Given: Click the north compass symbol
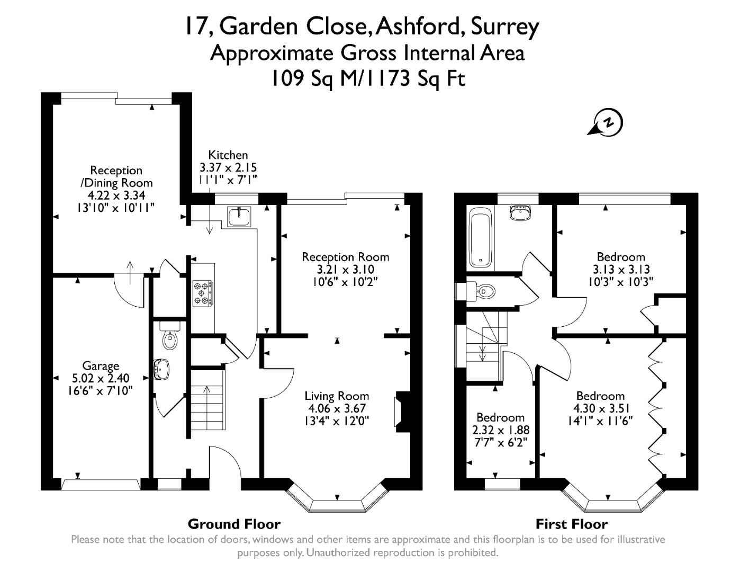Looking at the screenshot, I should tap(607, 123).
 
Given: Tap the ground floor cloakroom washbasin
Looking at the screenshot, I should tap(161, 370).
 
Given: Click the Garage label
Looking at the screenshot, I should tap(101, 365).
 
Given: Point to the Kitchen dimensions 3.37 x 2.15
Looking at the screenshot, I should tap(228, 167).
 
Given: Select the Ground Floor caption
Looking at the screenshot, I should tap(234, 524).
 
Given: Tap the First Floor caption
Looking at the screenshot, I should tap(571, 524).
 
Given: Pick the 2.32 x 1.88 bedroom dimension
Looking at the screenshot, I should tap(500, 430).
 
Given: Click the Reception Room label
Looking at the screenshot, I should tap(345, 257).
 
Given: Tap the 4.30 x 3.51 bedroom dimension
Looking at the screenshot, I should tap(600, 408).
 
